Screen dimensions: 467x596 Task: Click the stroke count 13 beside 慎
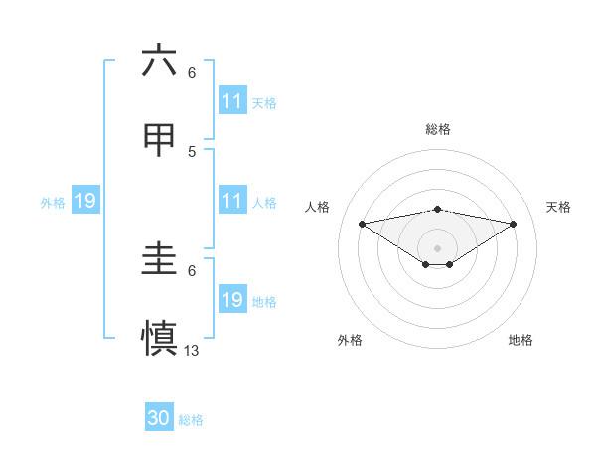coord(193,350)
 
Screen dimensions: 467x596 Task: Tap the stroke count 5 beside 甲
coord(192,151)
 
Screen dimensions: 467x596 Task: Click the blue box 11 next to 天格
coord(232,101)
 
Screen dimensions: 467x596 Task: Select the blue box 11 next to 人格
coord(232,201)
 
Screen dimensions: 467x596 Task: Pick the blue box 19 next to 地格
coord(232,300)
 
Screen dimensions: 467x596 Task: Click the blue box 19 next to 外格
coord(85,201)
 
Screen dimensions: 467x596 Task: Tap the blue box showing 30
coord(159,419)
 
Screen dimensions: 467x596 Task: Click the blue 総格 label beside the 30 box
coord(191,420)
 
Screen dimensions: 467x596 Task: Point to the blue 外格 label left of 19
coord(53,202)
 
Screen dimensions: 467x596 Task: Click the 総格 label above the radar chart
coord(437,129)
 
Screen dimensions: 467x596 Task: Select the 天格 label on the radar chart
coord(559,207)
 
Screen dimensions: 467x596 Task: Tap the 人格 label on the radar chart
coord(317,207)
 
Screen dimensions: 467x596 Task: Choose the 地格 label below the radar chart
coord(521,340)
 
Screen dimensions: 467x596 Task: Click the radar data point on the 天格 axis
coord(514,224)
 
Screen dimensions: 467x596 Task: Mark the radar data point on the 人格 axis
coord(362,224)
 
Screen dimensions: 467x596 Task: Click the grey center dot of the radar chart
coord(437,247)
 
